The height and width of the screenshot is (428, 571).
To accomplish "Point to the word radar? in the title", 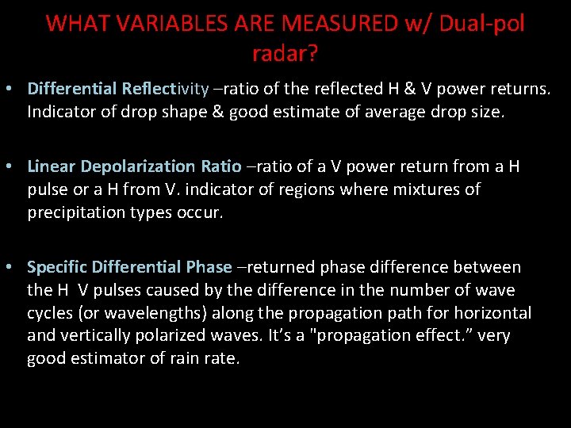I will pyautogui.click(x=285, y=54).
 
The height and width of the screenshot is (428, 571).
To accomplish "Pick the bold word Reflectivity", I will pyautogui.click(x=166, y=89).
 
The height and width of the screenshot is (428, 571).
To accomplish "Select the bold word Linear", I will pyautogui.click(x=52, y=166).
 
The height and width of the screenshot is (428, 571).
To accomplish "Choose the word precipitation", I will pyautogui.click(x=76, y=212).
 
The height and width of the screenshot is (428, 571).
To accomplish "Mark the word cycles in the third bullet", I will pyautogui.click(x=50, y=313).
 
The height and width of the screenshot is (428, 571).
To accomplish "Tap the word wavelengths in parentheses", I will pyautogui.click(x=163, y=313).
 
